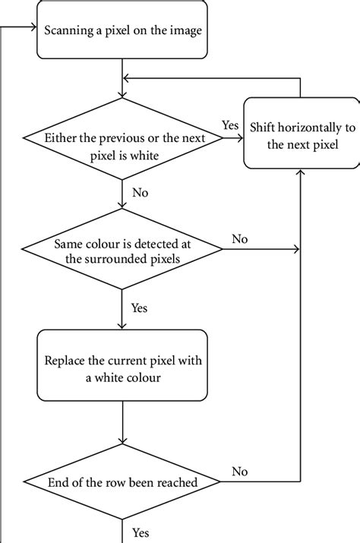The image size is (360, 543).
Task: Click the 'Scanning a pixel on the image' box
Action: [x=122, y=31]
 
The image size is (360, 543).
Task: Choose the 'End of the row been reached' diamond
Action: [x=122, y=482]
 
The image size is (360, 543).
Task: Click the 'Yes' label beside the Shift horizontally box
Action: [x=230, y=124]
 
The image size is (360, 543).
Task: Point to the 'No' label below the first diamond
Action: [x=140, y=193]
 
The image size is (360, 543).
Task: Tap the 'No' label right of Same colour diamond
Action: [x=240, y=238]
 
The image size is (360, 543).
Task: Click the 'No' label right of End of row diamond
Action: [x=240, y=472]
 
